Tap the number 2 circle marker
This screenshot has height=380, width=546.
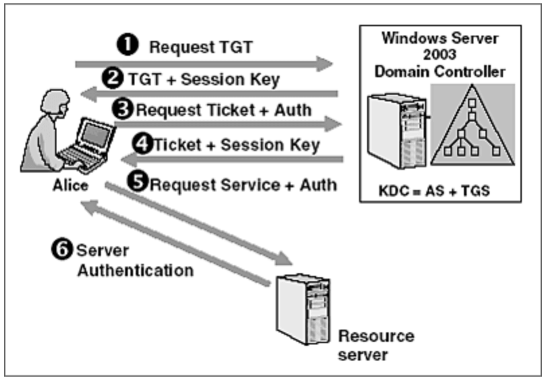pos(116,79)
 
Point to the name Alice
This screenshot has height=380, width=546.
pos(70,185)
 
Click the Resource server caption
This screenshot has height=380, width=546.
pos(375,344)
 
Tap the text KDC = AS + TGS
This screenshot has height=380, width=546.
pos(440,191)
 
